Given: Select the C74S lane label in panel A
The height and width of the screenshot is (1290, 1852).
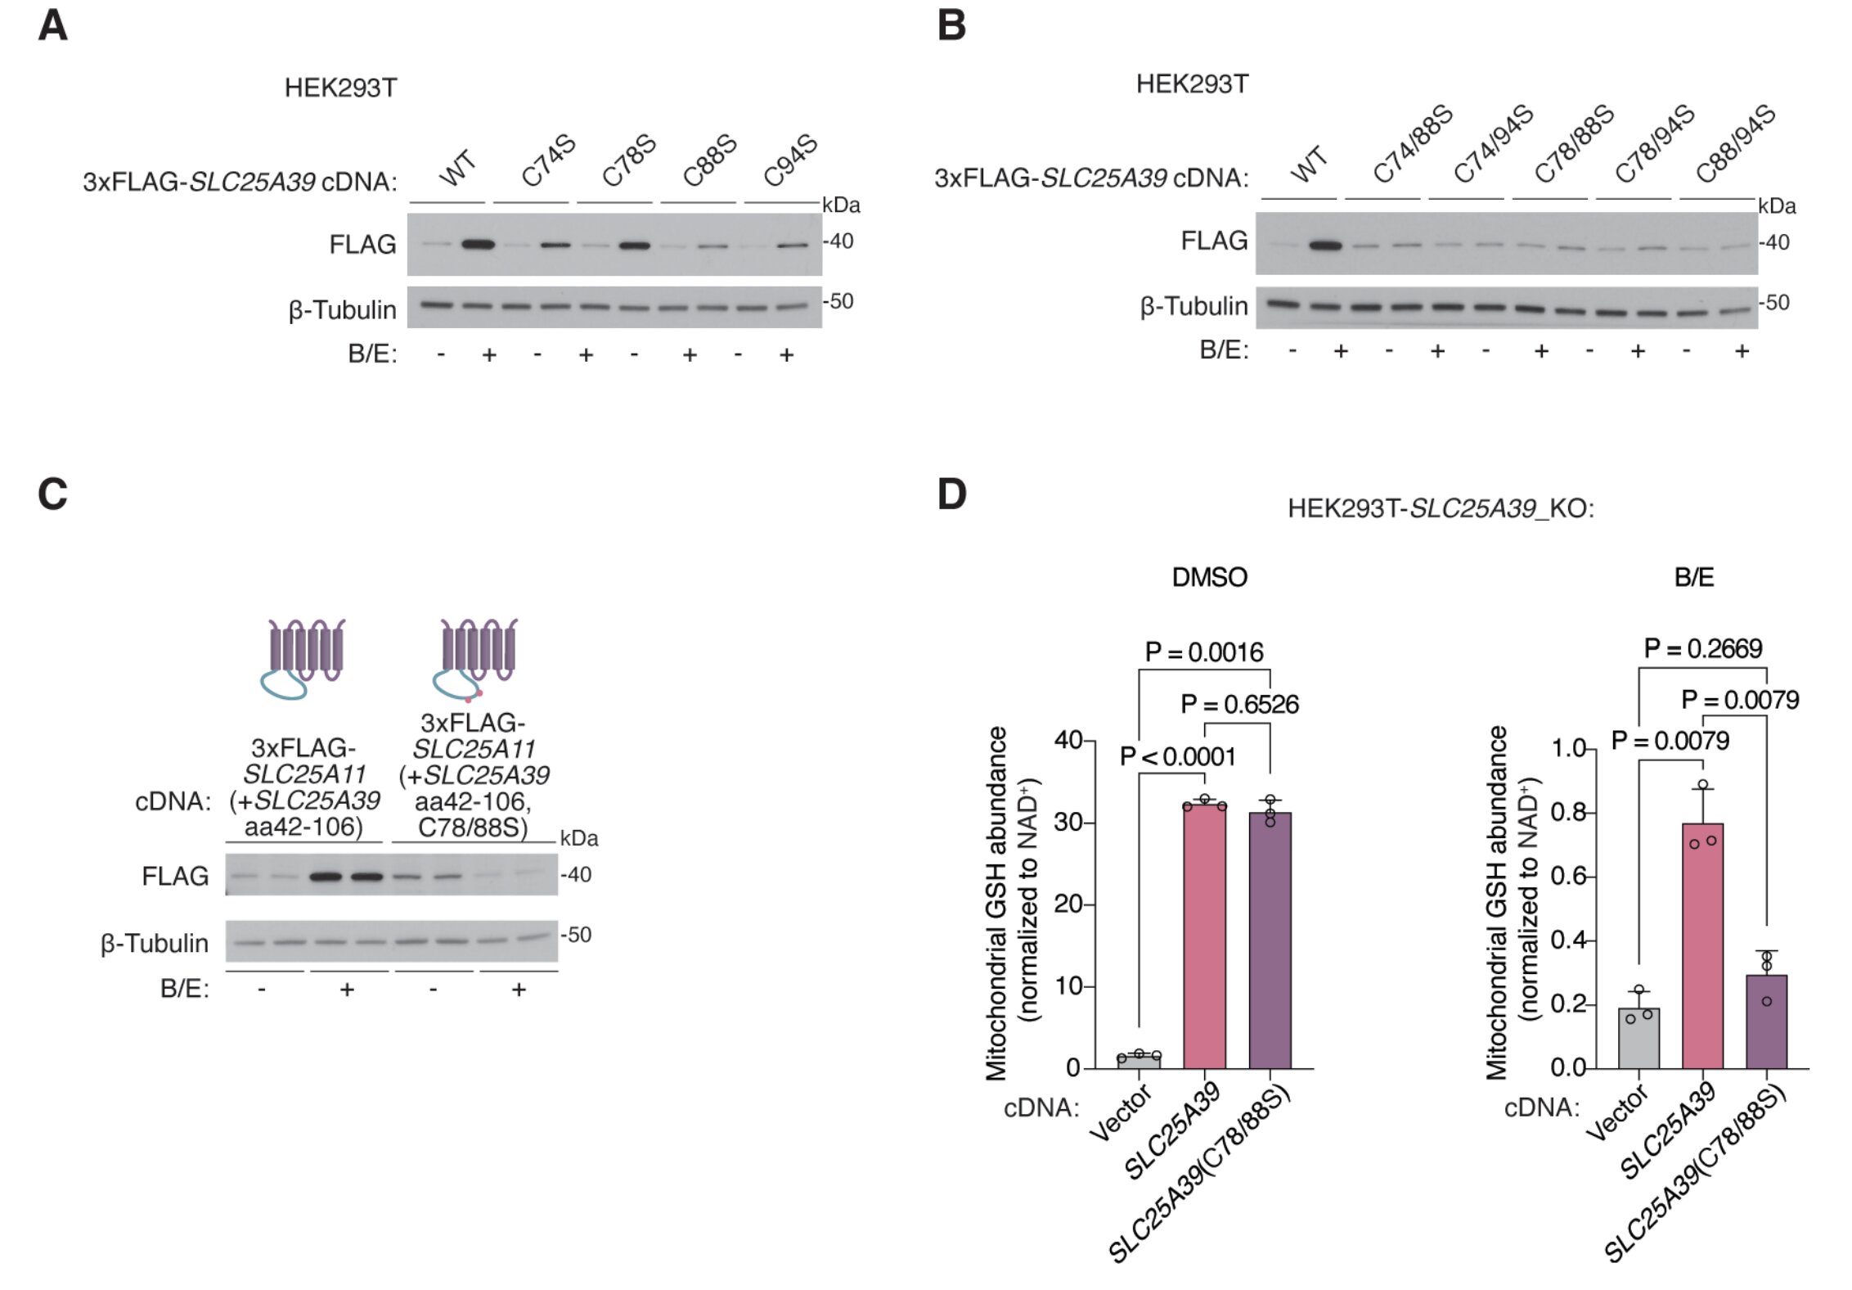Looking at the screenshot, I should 548,161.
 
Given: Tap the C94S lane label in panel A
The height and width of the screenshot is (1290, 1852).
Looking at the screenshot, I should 790,160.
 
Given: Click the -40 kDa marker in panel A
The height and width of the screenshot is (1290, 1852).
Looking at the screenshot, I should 839,241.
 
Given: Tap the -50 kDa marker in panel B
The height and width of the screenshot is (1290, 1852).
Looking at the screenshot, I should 1775,303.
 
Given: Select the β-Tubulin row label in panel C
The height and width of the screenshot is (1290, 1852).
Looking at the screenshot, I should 155,944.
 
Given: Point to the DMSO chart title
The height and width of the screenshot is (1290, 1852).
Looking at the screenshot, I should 1209,578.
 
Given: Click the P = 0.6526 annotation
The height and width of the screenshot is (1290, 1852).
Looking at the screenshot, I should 1239,705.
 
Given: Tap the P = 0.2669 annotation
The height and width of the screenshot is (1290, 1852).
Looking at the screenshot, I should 1702,649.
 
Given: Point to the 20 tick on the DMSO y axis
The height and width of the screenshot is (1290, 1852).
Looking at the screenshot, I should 1068,904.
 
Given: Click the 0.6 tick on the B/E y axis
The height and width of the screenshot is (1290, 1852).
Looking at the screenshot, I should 1568,877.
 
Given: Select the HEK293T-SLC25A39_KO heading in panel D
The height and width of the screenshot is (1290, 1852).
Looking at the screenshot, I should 1440,508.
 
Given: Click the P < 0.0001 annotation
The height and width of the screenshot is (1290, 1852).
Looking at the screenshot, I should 1177,756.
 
